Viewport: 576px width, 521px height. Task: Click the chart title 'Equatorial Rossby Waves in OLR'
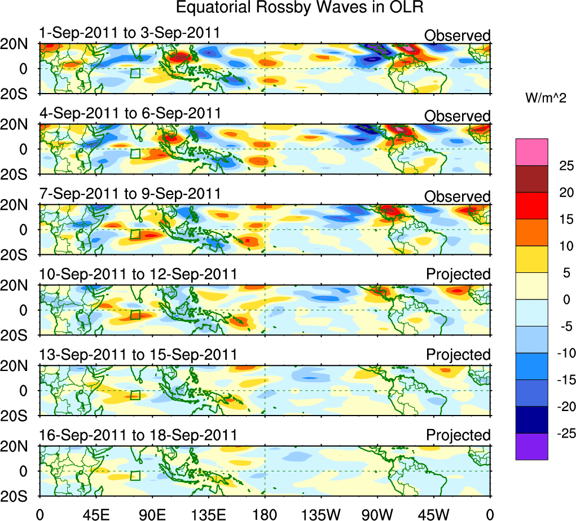(x=300, y=8)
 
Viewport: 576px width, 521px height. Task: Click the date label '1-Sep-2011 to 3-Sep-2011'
(x=129, y=33)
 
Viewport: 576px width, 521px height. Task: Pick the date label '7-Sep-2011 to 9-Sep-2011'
(x=129, y=193)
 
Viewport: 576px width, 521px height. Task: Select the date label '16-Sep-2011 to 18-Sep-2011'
(x=138, y=435)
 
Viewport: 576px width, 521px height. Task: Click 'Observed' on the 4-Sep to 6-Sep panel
(x=458, y=116)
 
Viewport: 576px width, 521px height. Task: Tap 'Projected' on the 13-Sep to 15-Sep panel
(x=458, y=355)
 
